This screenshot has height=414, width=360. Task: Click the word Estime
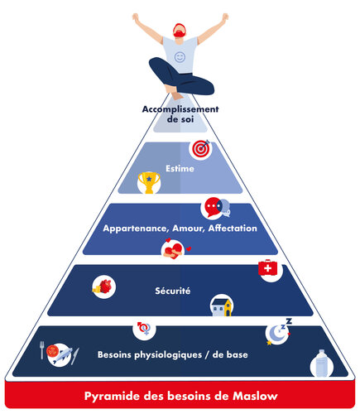[x=180, y=168]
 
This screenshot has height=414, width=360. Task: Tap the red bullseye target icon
[x=201, y=149]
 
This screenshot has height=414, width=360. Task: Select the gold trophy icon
[x=149, y=182]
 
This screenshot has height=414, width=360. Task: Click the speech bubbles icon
[x=218, y=208]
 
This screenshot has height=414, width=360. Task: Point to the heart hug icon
[x=174, y=249]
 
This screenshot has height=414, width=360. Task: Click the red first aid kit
[x=268, y=267]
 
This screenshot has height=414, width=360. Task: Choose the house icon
[x=221, y=307]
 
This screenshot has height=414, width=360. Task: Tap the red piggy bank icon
[x=103, y=286]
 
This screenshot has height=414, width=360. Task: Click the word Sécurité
[x=173, y=291]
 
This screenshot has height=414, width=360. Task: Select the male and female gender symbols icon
[x=144, y=328]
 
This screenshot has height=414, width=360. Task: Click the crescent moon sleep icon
[x=277, y=331]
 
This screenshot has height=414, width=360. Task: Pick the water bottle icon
[x=321, y=363]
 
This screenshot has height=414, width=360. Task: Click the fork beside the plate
[x=42, y=350]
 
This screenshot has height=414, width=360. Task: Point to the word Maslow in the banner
[x=255, y=396]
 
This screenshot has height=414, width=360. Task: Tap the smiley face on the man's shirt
[x=180, y=57]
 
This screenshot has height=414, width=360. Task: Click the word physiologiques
[x=168, y=355]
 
